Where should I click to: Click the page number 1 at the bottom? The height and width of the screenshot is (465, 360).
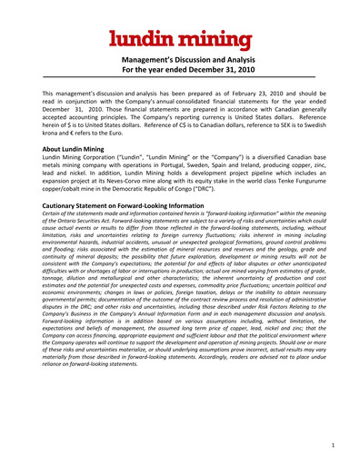pyautogui.click(x=334, y=445)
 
